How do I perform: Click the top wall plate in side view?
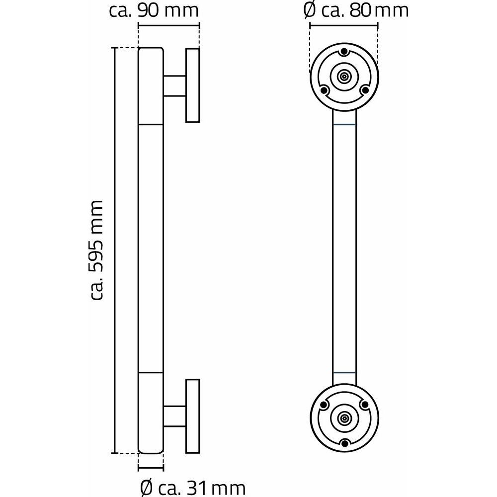click(x=192, y=85)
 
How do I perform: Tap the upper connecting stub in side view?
click(x=174, y=85)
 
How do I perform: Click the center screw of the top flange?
click(x=344, y=77)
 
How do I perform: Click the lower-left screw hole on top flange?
click(x=324, y=90)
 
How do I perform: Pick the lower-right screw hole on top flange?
click(x=364, y=90)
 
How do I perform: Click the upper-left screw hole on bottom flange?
click(x=324, y=405)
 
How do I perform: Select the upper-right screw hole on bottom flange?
click(x=364, y=405)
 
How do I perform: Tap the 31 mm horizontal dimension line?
click(x=151, y=468)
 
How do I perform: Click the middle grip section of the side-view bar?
click(x=151, y=248)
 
